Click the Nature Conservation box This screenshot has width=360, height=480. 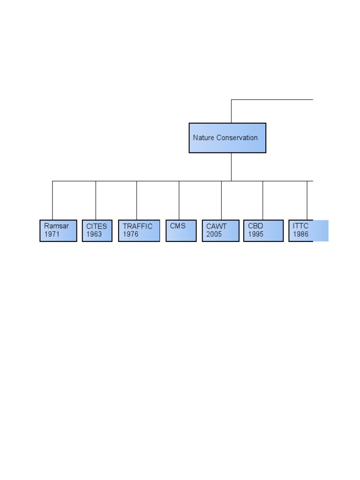(227, 138)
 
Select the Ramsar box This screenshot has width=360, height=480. (58, 231)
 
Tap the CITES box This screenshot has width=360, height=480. (97, 231)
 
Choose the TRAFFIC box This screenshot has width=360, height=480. (139, 231)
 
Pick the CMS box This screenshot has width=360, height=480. (181, 231)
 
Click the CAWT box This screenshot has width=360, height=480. (220, 231)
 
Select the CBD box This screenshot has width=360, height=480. (263, 231)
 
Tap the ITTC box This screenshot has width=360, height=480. (308, 231)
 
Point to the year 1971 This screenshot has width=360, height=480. (52, 234)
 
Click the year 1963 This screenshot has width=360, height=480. (94, 234)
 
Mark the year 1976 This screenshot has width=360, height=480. (131, 234)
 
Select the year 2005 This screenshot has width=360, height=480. (214, 234)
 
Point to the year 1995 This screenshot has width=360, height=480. (255, 234)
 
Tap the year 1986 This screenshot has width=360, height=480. (300, 234)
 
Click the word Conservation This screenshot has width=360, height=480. (237, 138)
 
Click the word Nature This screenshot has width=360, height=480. (203, 138)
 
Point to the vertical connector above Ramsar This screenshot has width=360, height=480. (52, 201)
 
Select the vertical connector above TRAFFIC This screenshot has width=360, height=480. (136, 201)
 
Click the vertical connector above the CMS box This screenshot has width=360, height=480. (179, 201)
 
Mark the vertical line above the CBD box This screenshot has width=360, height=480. (262, 201)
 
